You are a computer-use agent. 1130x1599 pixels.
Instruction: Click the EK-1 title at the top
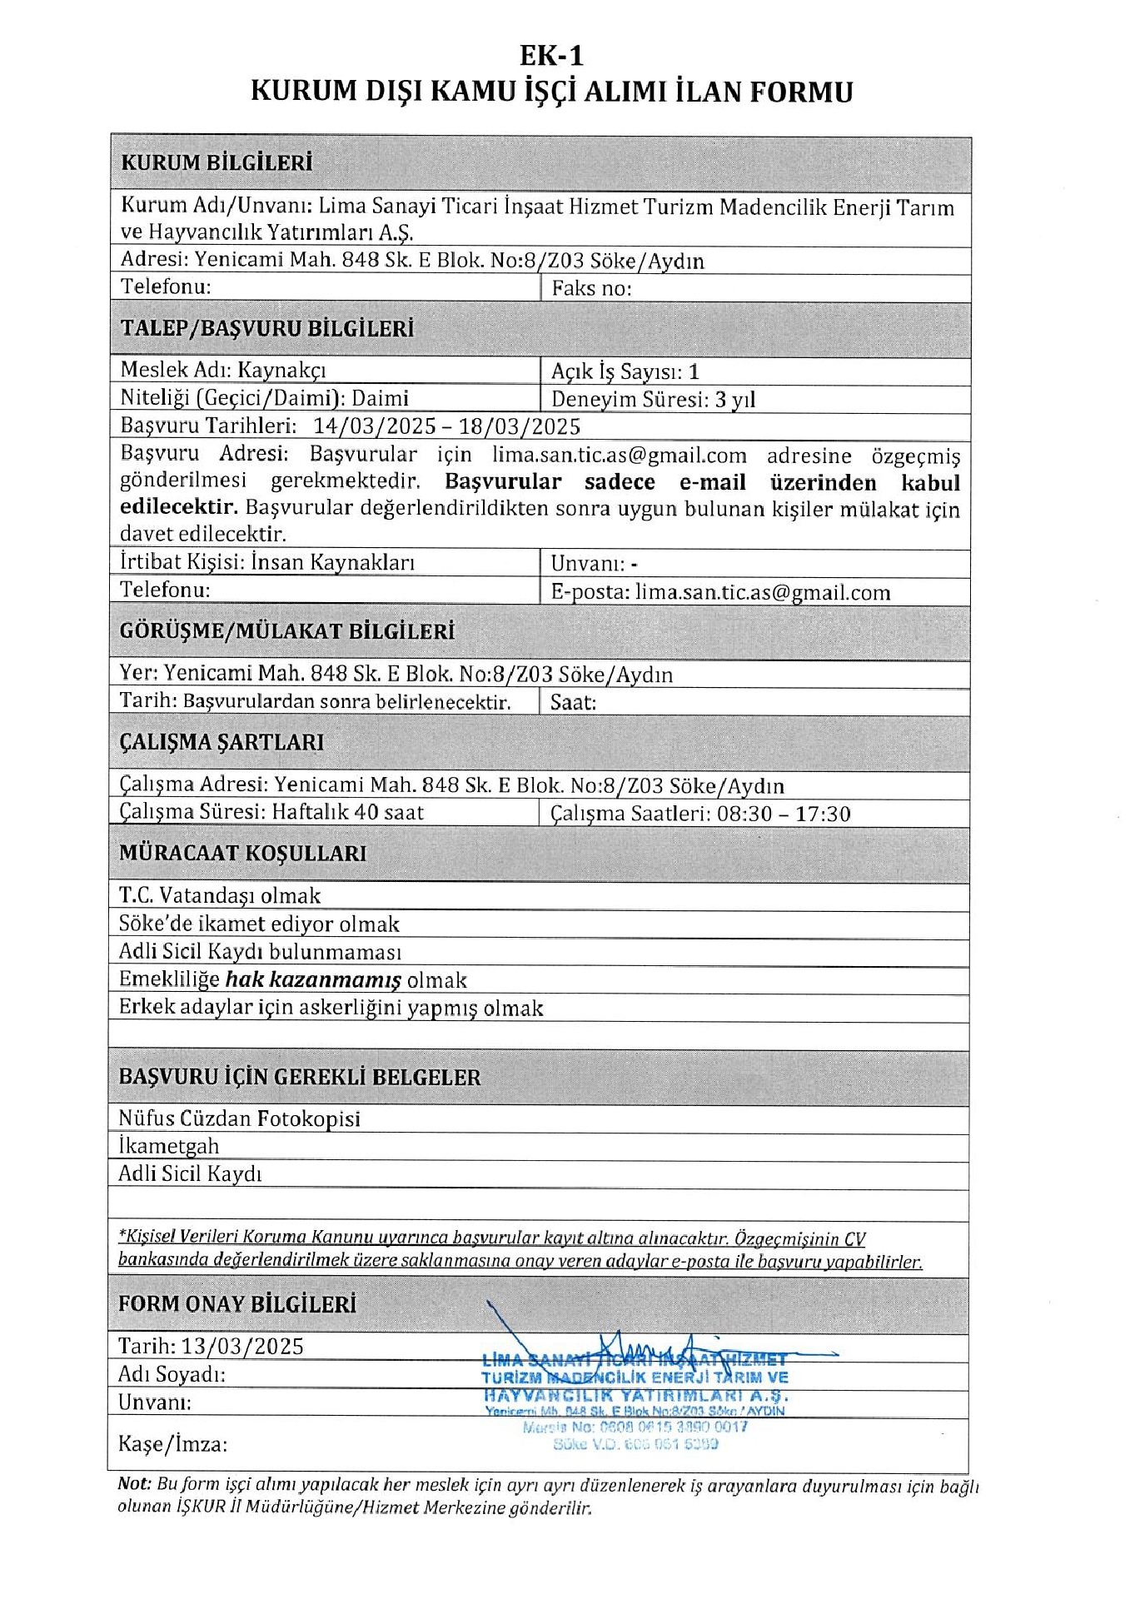point(551,55)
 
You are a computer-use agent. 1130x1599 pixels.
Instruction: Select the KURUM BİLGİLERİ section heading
point(217,162)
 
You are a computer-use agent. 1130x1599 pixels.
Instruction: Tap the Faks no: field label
point(591,289)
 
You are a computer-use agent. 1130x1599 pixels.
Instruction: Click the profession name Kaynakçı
point(282,370)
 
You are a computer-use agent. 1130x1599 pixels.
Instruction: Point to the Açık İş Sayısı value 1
point(694,371)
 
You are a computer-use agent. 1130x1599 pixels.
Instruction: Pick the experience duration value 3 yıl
point(734,399)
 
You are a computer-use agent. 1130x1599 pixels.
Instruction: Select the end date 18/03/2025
point(520,426)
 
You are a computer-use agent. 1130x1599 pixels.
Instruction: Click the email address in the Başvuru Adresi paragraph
point(619,456)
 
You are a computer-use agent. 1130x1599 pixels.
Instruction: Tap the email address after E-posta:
point(762,592)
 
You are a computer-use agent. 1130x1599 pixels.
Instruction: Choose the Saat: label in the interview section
point(573,702)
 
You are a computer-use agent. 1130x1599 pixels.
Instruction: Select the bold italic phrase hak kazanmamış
point(313,979)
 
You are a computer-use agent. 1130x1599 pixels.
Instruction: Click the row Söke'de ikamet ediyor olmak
point(259,924)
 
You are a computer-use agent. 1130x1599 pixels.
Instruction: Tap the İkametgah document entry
point(168,1146)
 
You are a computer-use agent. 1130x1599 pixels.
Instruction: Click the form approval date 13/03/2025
point(241,1347)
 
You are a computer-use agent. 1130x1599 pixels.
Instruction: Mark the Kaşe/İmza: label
point(172,1443)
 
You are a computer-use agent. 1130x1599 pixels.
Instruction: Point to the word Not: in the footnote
point(134,1483)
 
